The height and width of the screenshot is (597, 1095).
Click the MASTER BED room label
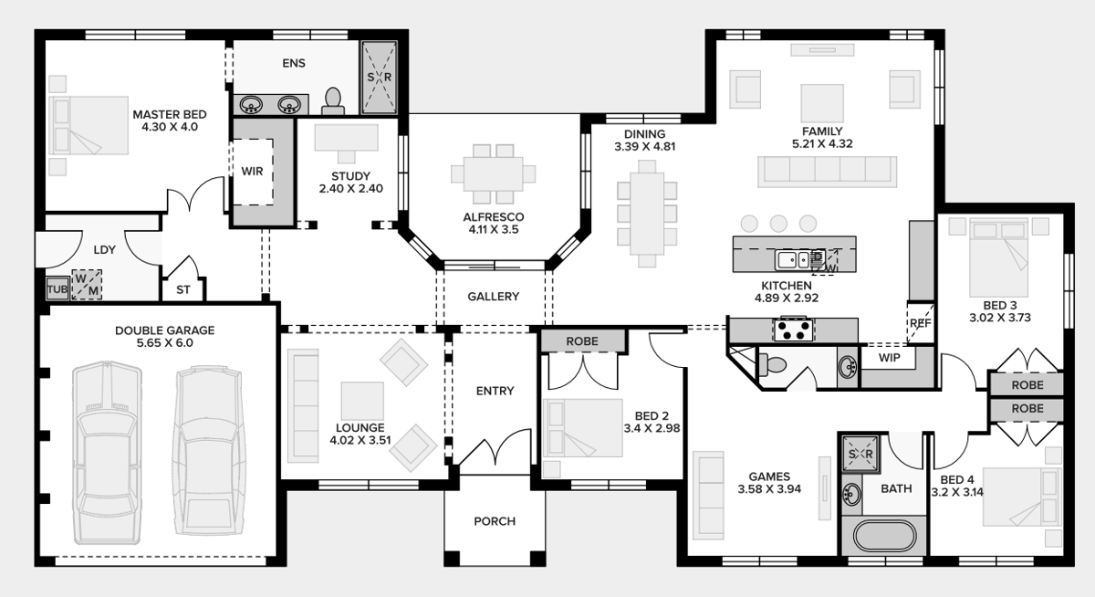(170, 114)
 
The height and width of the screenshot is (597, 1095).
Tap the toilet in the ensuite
(333, 101)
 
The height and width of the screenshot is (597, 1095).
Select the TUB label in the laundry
(57, 289)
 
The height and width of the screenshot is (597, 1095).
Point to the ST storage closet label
(183, 290)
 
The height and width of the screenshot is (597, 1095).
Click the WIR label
(252, 171)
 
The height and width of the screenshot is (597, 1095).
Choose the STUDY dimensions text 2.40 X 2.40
(351, 188)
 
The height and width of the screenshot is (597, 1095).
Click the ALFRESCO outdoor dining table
(494, 173)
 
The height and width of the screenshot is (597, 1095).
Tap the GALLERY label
(494, 297)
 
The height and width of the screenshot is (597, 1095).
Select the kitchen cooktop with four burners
(793, 329)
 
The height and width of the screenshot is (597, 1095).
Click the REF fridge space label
(921, 323)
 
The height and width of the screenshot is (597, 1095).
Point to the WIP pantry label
(889, 358)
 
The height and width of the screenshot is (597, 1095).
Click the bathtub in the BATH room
(884, 536)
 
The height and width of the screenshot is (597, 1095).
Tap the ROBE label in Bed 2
(582, 341)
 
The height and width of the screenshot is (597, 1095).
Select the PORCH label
(495, 521)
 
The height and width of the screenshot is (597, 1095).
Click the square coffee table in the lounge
(362, 401)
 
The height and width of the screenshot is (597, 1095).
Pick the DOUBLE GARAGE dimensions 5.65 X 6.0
(165, 342)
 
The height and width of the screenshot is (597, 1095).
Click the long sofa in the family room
(827, 172)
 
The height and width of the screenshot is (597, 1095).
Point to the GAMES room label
(769, 477)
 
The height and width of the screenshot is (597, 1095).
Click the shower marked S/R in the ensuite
(379, 78)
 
